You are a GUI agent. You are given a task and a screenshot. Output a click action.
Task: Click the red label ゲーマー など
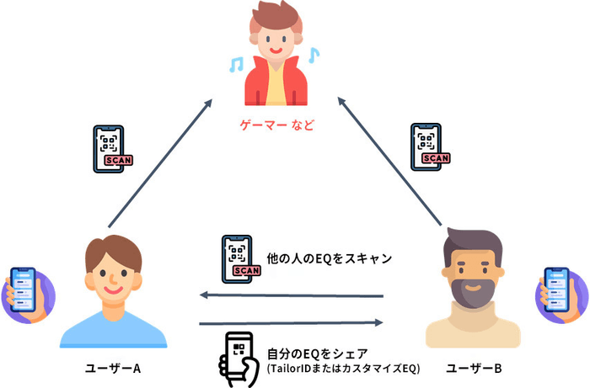[277, 126]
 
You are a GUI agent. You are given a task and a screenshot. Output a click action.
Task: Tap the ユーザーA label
[112, 369]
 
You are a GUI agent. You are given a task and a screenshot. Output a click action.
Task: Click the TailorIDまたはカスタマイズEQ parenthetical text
[342, 369]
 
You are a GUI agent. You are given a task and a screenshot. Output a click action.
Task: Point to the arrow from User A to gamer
[160, 164]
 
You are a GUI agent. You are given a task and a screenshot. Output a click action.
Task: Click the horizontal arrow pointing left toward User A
[291, 295]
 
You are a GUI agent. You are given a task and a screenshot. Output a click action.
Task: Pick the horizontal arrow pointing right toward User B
[291, 322]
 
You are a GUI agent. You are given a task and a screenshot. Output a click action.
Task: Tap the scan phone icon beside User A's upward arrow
[112, 150]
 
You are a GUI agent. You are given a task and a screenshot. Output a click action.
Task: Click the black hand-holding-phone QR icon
[239, 359]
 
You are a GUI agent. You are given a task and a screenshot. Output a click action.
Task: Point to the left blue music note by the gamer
[238, 64]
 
